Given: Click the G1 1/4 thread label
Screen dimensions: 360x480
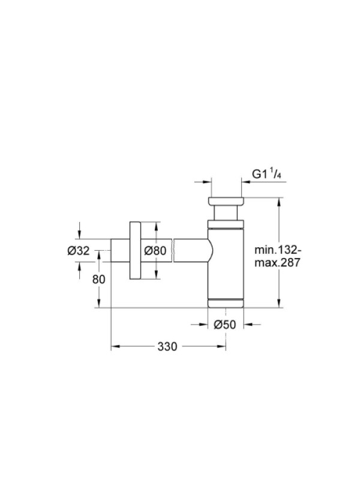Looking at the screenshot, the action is pos(266,174).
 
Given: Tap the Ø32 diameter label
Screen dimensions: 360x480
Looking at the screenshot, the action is pos(79,251).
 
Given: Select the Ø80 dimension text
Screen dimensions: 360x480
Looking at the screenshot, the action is pos(155,251).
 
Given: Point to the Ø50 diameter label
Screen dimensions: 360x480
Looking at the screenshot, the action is pos(225,325).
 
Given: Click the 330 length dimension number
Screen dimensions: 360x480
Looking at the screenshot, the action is pos(167,347).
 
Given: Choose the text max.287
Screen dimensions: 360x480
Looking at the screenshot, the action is pos(277,263).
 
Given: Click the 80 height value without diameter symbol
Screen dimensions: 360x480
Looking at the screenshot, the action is pos(99,279).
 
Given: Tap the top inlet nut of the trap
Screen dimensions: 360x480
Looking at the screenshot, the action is pos(226,201).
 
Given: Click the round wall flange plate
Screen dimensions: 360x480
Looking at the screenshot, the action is pos(134,250).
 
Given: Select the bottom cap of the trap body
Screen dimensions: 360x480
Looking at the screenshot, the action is pos(226,303).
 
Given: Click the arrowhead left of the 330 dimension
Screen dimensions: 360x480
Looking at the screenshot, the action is pos(115,346).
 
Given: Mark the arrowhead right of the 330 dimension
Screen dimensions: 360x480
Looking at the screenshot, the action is pos(221,346).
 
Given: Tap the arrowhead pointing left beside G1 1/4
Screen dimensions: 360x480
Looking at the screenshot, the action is pos(246,182).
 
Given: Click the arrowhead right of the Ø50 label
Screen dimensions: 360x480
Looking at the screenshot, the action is pos(248,324).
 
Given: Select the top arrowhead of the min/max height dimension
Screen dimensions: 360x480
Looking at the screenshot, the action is pos(278,202).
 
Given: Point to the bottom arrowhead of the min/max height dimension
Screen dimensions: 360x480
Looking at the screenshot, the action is pos(278,303).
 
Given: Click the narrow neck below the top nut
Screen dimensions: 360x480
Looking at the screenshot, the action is pos(226,212).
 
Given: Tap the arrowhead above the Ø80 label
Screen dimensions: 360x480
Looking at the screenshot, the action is pos(156,226).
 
